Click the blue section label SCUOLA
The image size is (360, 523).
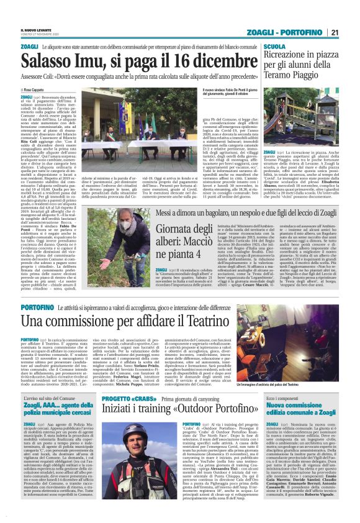pyautogui.click(x=274, y=47)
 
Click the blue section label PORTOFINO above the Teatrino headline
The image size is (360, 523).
pyautogui.click(x=37, y=307)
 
